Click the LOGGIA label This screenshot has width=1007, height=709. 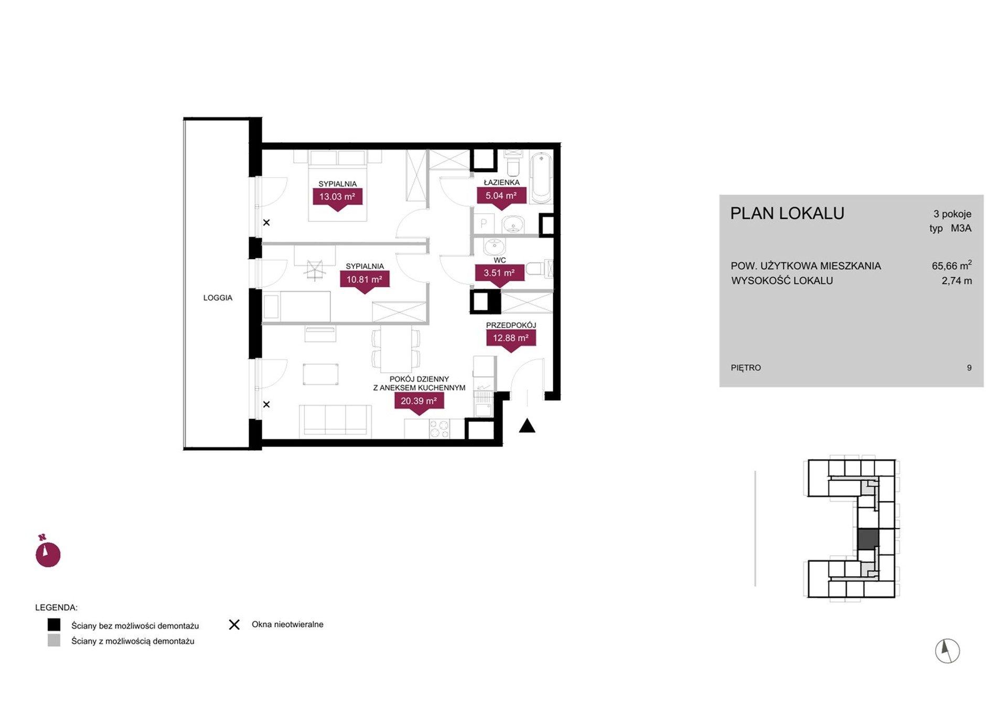click(x=218, y=298)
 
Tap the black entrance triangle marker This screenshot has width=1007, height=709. click(x=527, y=426)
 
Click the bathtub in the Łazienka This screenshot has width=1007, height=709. click(x=541, y=177)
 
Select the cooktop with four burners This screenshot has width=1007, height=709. click(x=440, y=429)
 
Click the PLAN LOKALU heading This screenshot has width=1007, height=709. click(x=787, y=213)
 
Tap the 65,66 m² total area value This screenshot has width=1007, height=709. click(x=952, y=265)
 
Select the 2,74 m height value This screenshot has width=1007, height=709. click(x=957, y=281)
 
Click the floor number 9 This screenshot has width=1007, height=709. click(x=969, y=368)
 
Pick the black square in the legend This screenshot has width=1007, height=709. click(x=54, y=625)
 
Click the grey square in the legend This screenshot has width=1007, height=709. click(x=54, y=640)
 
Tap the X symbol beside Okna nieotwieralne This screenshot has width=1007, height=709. click(x=234, y=625)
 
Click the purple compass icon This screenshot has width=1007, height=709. click(x=48, y=552)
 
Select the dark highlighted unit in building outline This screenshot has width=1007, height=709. click(x=867, y=539)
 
